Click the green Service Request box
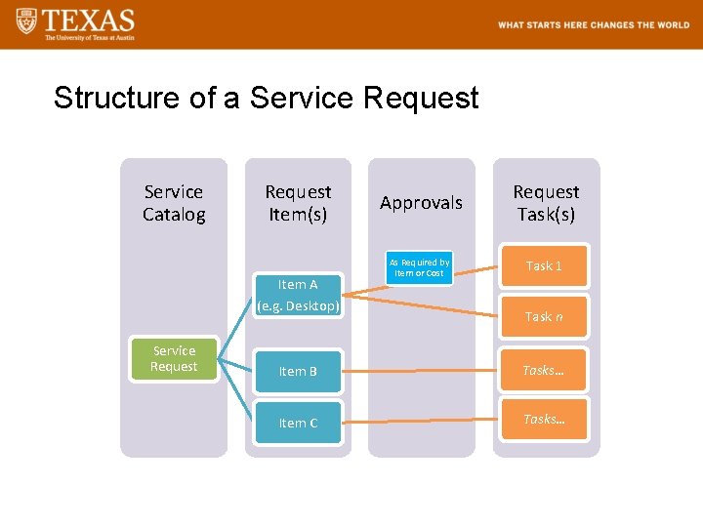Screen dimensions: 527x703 pos(174,359)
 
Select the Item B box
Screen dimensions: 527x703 pos(298,371)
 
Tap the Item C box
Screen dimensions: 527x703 pos(298,423)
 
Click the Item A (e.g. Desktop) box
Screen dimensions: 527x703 pos(298,296)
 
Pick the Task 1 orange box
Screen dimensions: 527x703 pos(544,265)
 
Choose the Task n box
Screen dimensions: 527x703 pos(544,316)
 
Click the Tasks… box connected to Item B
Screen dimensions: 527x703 pos(544,370)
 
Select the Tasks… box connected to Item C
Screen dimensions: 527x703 pos(544,419)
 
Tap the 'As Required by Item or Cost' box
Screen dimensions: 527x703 pos(420,267)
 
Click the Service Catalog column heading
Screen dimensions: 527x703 pos(174,203)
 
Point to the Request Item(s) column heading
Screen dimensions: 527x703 pos(298,203)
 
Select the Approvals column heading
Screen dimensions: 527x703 pos(421,203)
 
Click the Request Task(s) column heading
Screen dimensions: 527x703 pos(546,203)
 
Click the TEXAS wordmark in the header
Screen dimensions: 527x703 pos(89,20)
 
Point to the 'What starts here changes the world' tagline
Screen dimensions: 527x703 pos(594,25)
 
